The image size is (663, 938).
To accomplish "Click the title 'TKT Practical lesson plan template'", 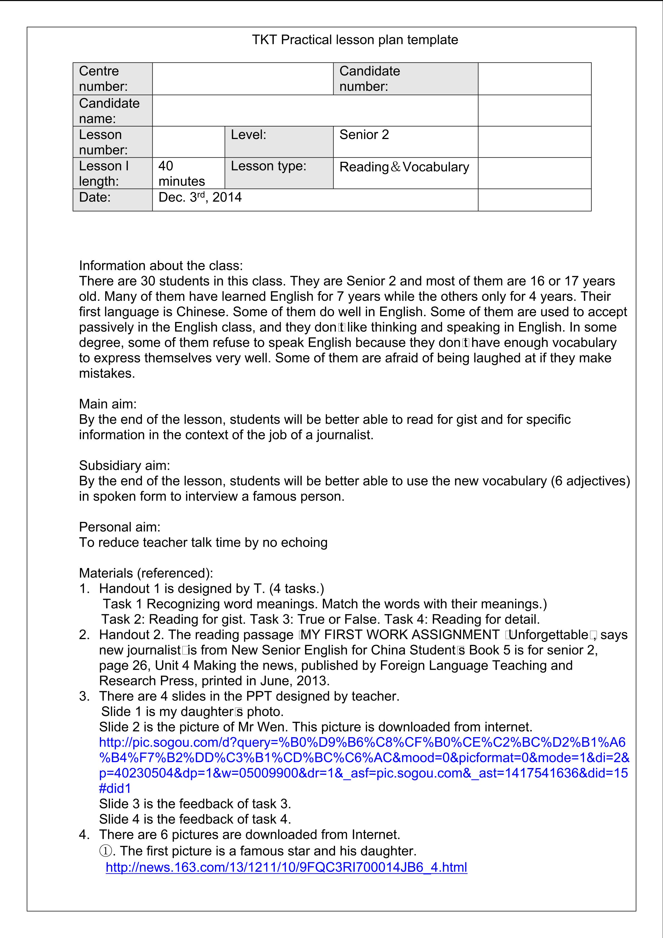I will [355, 40].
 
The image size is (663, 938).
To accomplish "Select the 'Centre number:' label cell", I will [112, 79].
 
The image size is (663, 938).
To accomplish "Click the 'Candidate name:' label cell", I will [112, 110].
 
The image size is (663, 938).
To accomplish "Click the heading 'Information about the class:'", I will [161, 265].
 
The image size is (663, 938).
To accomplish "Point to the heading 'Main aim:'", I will [108, 404].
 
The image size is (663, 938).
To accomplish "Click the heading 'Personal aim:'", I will [120, 527].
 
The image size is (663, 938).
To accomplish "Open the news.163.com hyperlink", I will [286, 867].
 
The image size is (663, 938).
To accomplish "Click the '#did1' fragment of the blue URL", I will [115, 788].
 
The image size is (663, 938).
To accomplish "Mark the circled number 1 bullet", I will [105, 851].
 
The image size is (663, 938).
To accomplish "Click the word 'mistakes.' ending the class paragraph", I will [107, 373].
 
